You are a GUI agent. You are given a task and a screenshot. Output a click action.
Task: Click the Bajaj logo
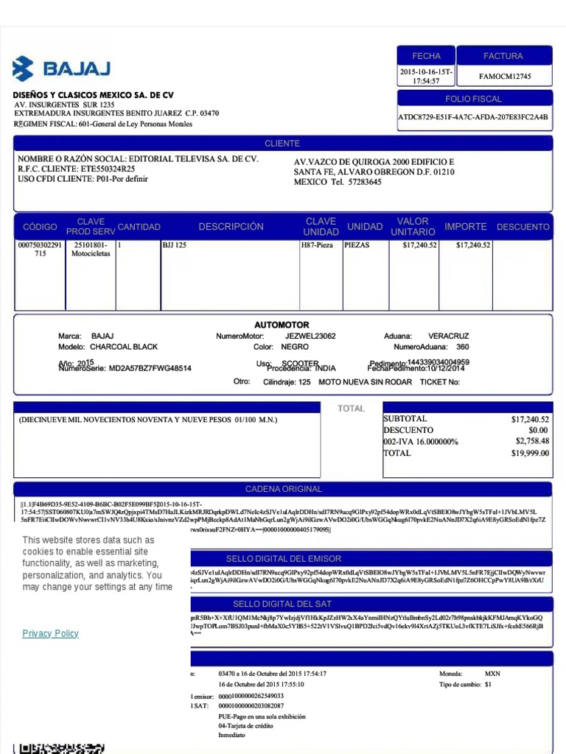point(61,68)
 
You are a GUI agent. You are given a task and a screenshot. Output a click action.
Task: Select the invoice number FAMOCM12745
point(505,77)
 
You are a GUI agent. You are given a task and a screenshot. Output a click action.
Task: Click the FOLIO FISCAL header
point(474,99)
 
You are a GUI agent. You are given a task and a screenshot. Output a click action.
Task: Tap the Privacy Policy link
point(50,633)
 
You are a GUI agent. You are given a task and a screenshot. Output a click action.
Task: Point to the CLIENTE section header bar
point(282,144)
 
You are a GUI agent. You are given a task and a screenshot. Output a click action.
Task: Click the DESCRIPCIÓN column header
point(231,227)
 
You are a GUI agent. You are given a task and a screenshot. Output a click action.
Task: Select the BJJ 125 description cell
point(175,245)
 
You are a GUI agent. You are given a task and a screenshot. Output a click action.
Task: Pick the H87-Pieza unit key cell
point(318,245)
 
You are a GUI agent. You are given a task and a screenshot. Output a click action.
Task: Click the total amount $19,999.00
point(530,453)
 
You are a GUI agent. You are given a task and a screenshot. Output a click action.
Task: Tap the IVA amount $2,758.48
point(532,441)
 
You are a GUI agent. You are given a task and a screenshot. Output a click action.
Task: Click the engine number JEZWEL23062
point(310,336)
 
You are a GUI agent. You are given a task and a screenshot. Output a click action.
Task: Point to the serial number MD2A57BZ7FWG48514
point(150,368)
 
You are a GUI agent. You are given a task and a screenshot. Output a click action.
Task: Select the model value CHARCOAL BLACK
point(124,347)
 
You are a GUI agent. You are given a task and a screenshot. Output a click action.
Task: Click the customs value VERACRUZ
point(448,336)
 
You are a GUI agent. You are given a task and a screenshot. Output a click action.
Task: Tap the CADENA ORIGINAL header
point(284,489)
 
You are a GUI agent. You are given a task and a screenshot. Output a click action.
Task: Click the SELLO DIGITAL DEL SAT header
point(284,604)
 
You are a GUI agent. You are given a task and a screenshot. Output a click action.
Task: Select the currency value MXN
point(492,674)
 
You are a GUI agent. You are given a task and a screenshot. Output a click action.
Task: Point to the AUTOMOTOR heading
point(282,325)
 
